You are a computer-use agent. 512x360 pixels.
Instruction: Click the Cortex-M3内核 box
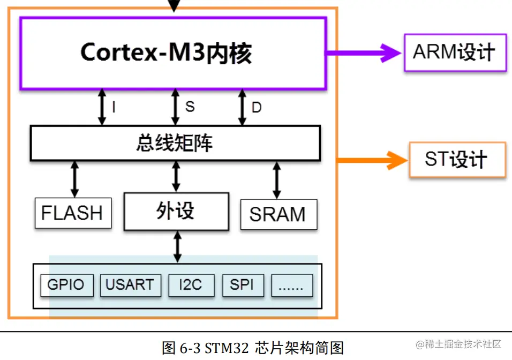point(172,53)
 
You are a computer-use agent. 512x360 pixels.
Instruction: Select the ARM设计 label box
point(455,52)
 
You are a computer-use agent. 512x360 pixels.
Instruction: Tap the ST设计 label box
point(457,160)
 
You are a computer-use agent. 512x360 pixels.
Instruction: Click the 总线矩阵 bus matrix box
point(175,143)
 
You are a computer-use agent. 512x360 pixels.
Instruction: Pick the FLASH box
point(72,213)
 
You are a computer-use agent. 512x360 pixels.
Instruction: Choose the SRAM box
point(277,214)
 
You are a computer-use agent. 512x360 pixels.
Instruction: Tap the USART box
point(130,284)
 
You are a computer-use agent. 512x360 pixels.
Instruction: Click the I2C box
point(191,284)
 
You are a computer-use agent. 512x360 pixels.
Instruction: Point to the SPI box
point(243,284)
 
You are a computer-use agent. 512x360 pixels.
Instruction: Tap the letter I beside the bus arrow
point(114,108)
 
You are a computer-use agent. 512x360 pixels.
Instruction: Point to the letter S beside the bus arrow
point(190,107)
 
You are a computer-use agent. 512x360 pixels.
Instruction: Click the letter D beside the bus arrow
point(257,108)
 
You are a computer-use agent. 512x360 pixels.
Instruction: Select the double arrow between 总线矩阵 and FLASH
point(74,179)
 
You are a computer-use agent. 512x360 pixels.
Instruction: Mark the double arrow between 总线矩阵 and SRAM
point(277,181)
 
